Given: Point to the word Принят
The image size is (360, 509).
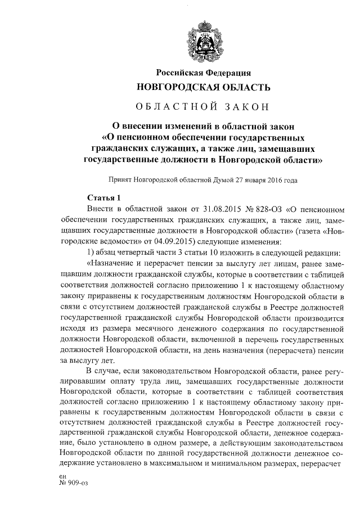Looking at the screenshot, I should click(122, 181).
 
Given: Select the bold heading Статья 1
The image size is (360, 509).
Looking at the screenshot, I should click(103, 197).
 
